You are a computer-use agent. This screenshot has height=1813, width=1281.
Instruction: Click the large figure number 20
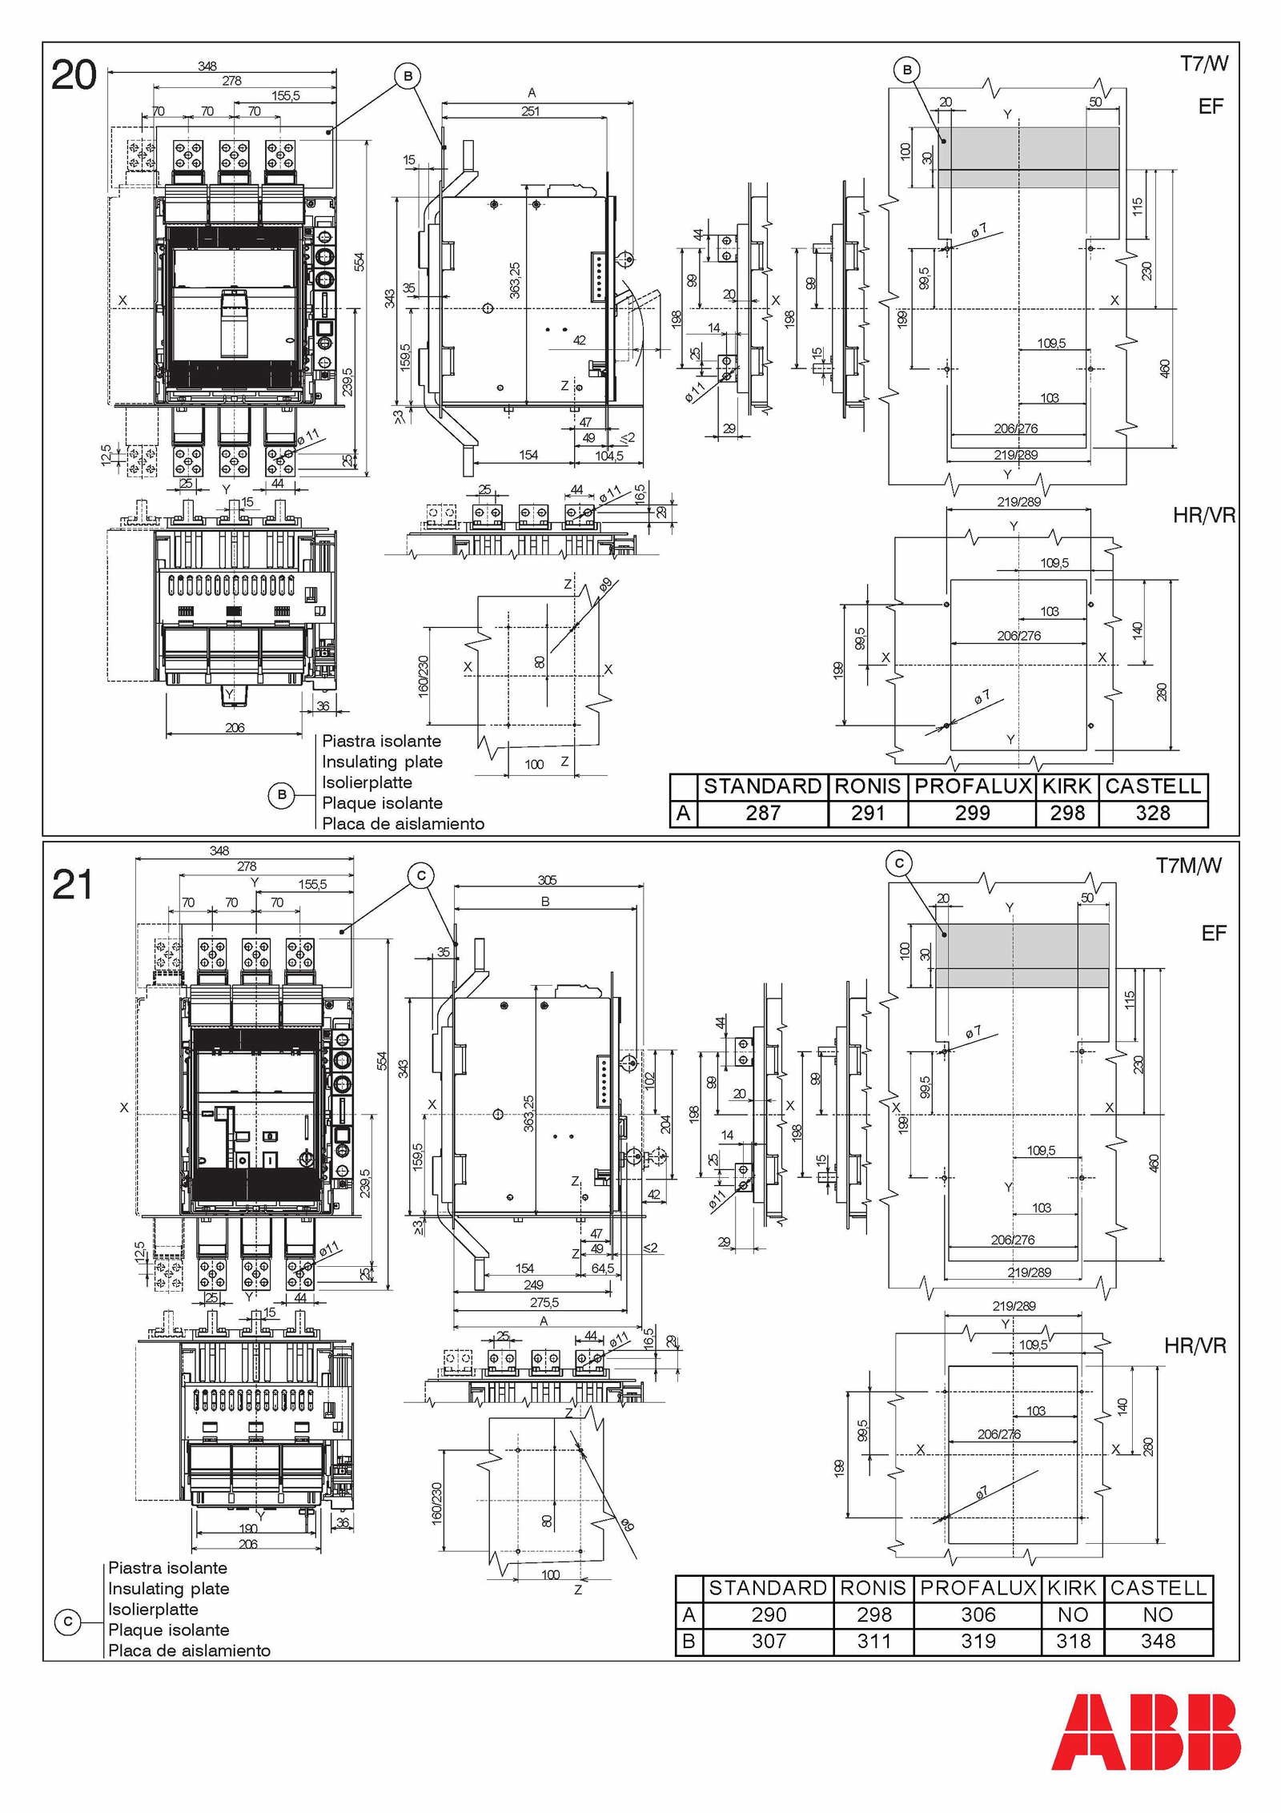pos(74,75)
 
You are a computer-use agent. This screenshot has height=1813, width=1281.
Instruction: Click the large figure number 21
pos(72,885)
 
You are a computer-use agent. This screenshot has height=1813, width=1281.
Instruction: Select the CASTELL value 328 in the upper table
pos(1153,813)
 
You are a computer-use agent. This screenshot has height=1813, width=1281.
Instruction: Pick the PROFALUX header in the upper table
pos(973,786)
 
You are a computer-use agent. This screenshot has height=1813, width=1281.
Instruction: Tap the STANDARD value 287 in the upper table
pos(763,813)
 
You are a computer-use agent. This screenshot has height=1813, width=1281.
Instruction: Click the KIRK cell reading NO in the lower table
pos(1073,1614)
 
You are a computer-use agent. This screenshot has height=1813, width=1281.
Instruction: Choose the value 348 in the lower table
pos(1158,1641)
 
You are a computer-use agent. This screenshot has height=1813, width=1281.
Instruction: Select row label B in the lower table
pos(689,1641)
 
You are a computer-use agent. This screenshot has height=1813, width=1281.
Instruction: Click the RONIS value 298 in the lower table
pos(874,1614)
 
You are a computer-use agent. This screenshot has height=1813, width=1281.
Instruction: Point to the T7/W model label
pos(1203,64)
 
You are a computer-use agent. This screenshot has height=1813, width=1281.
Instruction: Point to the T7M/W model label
pos(1189,865)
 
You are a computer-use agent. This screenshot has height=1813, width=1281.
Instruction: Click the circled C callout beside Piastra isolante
pos(68,1622)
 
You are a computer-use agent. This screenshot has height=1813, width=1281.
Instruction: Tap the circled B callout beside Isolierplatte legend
pos(281,796)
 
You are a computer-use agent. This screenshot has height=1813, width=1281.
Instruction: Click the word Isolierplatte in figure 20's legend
pos(367,782)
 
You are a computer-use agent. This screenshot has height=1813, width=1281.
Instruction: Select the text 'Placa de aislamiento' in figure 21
pos(189,1650)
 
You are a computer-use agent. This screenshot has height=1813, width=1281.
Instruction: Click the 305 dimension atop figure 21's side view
pos(547,879)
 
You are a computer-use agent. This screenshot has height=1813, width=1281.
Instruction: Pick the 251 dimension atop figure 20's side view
pos(530,111)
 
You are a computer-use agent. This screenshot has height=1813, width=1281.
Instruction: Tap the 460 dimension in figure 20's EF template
pos(1165,368)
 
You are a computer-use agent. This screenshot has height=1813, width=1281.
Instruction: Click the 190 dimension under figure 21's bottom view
pos(248,1528)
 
